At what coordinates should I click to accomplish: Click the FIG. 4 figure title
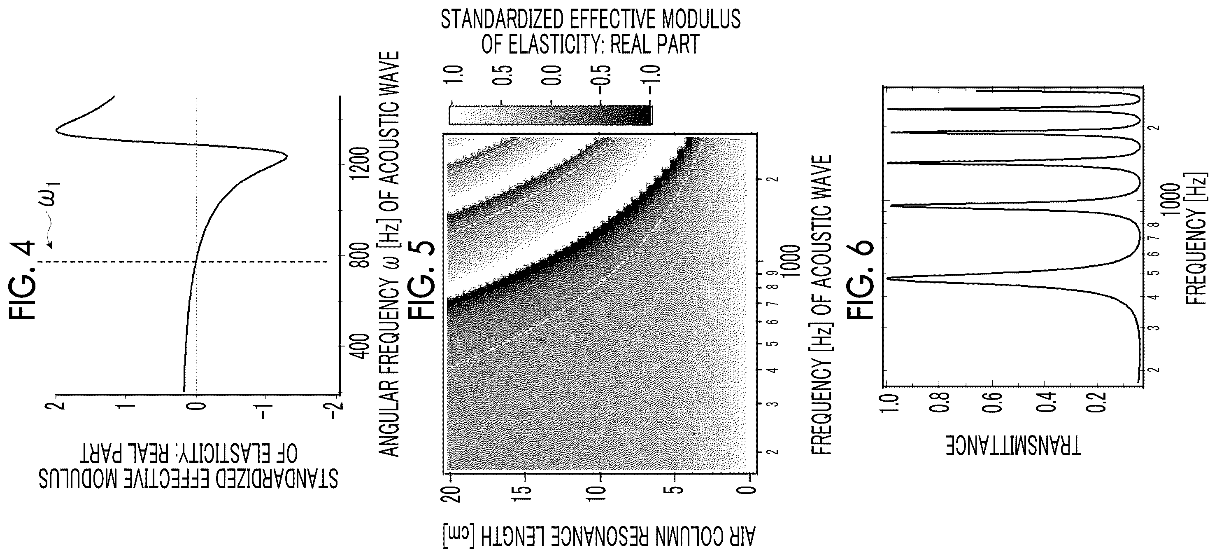coord(22,280)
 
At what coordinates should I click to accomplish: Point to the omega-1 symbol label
coord(51,194)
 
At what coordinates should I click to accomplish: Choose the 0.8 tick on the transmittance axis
coord(938,402)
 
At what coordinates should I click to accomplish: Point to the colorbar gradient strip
coord(550,115)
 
